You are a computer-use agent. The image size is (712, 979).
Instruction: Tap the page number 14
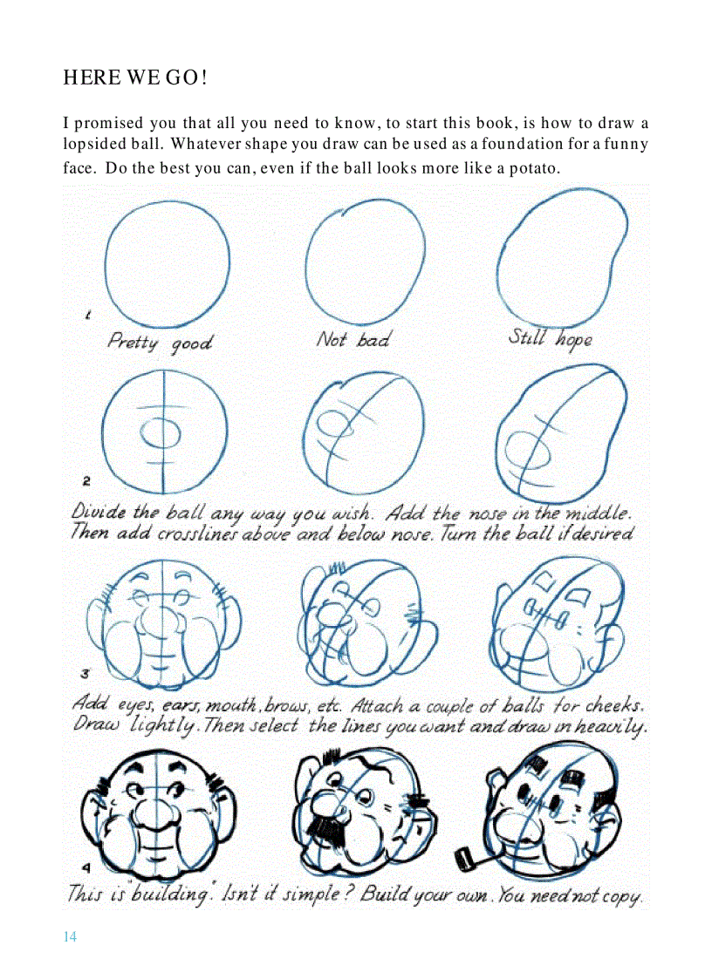point(70,937)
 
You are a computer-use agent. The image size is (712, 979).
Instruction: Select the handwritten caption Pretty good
point(159,342)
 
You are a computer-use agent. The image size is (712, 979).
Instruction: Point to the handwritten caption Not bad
point(353,340)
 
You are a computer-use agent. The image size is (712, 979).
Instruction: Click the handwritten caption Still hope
point(550,338)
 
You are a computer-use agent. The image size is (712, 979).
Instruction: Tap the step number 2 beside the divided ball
point(86,480)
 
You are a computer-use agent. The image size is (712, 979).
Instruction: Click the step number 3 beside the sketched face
point(86,673)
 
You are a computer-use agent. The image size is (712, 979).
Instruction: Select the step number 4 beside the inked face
point(86,867)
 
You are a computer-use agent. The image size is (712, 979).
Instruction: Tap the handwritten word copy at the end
point(619,895)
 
